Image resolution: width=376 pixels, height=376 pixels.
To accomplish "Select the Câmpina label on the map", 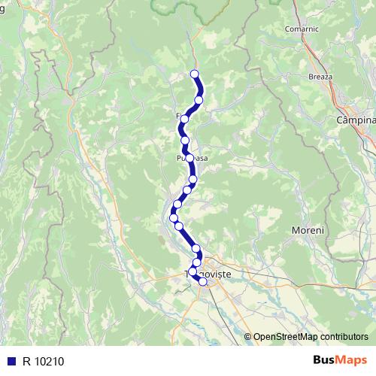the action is tap(356, 120).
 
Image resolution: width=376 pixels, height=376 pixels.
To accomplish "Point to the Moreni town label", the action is tap(308, 229).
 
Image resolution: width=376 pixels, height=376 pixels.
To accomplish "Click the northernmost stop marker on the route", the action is tap(195, 74).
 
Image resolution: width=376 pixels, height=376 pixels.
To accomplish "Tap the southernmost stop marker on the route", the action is tap(202, 282).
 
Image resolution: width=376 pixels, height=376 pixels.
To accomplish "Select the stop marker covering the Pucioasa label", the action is tap(190, 158).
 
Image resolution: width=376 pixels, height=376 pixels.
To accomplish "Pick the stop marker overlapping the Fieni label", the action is tap(184, 119).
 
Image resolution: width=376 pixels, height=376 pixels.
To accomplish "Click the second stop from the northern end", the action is tap(199, 100).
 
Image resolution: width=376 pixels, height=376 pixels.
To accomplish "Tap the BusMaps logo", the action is tap(338, 360).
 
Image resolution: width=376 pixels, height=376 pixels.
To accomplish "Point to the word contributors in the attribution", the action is tap(345, 336).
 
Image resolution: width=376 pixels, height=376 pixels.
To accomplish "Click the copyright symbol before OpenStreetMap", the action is tap(247, 336).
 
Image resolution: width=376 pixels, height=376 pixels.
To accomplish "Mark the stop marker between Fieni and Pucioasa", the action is tap(185, 140).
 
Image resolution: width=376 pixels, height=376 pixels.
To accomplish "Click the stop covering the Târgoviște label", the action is tap(193, 271).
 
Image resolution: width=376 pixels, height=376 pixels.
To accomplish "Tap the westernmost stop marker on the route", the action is tap(174, 217).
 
